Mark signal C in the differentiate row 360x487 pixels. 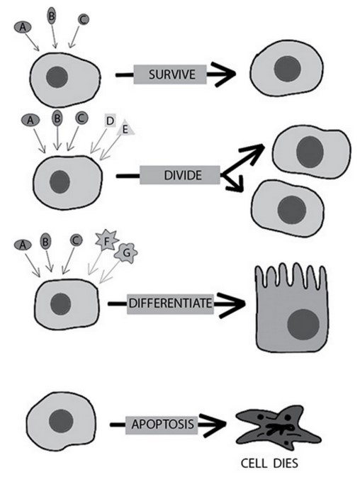click(75, 240)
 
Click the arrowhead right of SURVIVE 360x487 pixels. click(228, 74)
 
